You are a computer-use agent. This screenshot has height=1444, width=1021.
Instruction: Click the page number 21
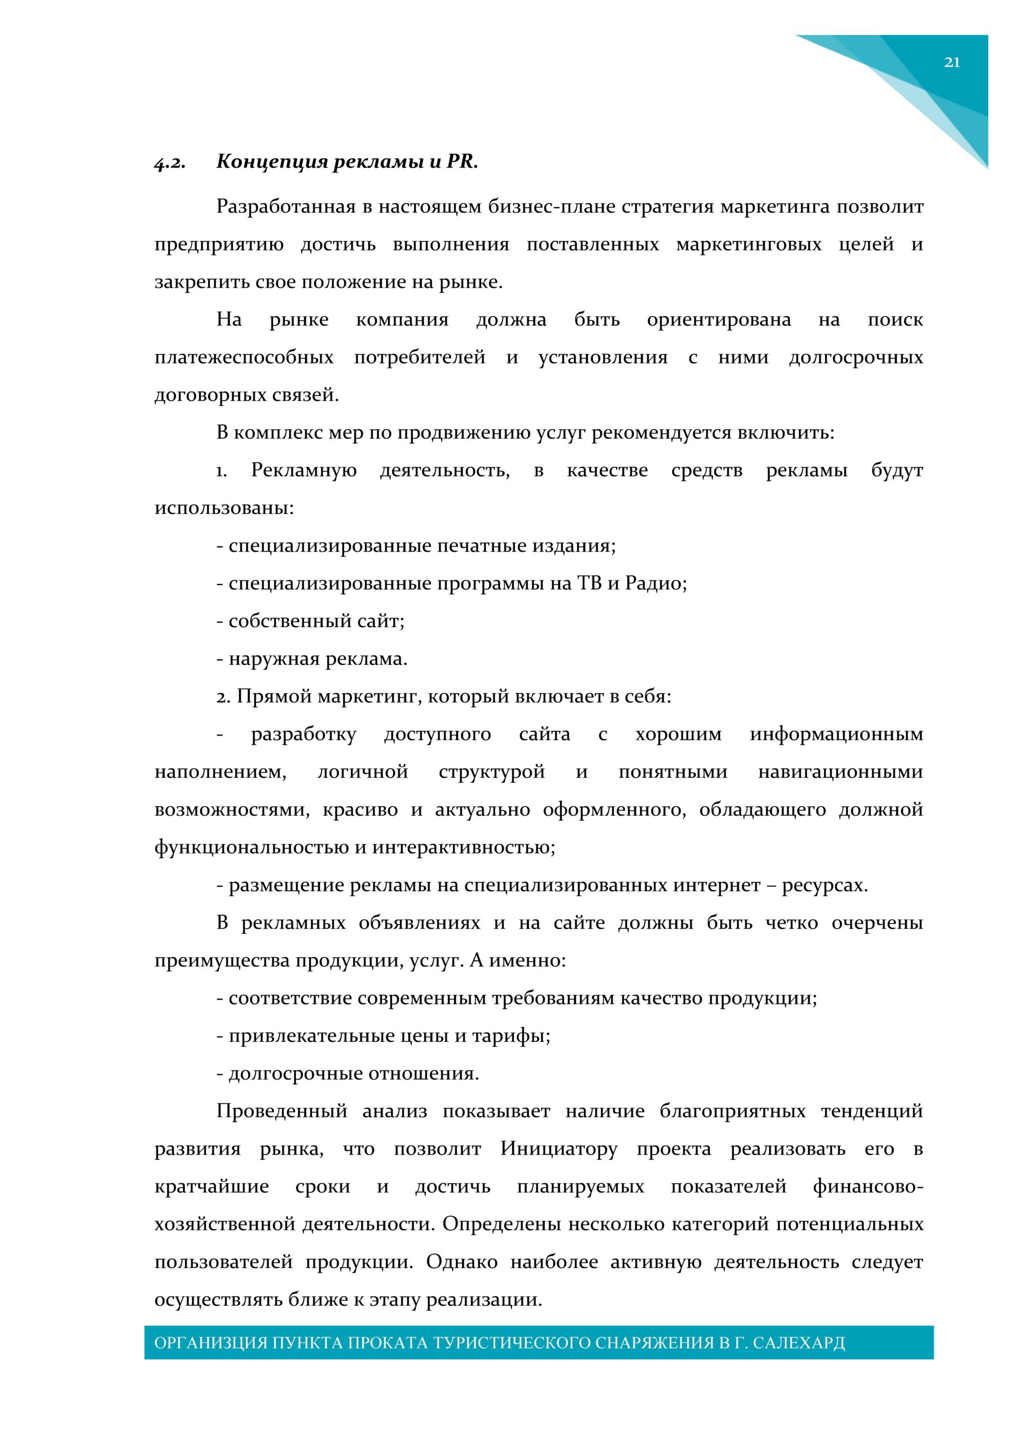951,62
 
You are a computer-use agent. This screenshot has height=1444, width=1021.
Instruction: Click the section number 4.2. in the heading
169,163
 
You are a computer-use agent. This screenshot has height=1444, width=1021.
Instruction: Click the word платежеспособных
244,358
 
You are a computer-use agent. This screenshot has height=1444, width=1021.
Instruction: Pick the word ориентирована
719,320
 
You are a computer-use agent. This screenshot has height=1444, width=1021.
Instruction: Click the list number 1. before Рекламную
222,471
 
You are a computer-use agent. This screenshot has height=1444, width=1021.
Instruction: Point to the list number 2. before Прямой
224,697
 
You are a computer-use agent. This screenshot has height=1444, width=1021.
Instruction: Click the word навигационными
840,772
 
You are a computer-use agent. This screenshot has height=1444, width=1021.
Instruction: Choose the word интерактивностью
463,848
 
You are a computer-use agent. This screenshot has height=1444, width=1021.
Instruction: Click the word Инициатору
558,1149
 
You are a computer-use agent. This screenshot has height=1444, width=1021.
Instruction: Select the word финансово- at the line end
868,1187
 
